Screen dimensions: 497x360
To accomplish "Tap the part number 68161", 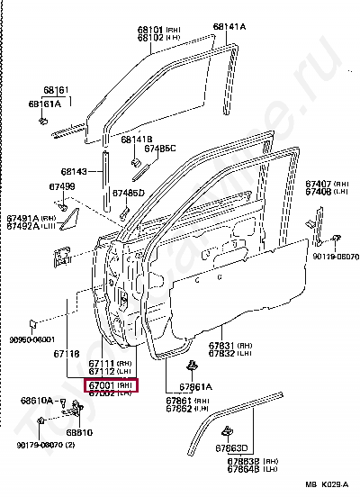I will coord(56,90).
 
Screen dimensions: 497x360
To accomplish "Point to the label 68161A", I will coord(45,104).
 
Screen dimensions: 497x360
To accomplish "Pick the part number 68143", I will coord(74,172).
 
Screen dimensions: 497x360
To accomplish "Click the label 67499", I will coord(62,186).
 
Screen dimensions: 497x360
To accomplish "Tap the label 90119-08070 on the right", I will coord(335,257).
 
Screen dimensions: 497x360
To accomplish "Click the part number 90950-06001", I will coord(32,340).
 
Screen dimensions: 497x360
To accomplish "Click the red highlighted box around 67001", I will coord(112,384).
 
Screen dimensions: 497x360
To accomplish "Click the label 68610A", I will coord(40,399).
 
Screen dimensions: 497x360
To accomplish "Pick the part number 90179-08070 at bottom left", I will coord(40,444).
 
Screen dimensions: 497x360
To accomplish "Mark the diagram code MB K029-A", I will coord(325,486).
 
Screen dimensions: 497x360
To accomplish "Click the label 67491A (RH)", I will coord(31,218).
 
